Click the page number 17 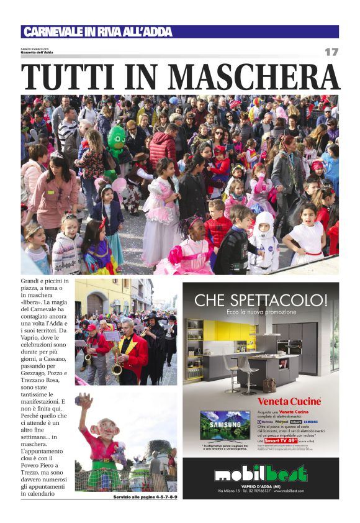point(331,52)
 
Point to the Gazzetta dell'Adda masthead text point(37,53)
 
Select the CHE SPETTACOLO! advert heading point(261,301)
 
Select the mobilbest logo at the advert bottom point(261,475)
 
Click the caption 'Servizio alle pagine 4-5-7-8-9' point(145,497)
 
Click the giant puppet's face point(104,428)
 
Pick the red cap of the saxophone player point(92,327)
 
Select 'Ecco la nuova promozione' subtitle point(261,311)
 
